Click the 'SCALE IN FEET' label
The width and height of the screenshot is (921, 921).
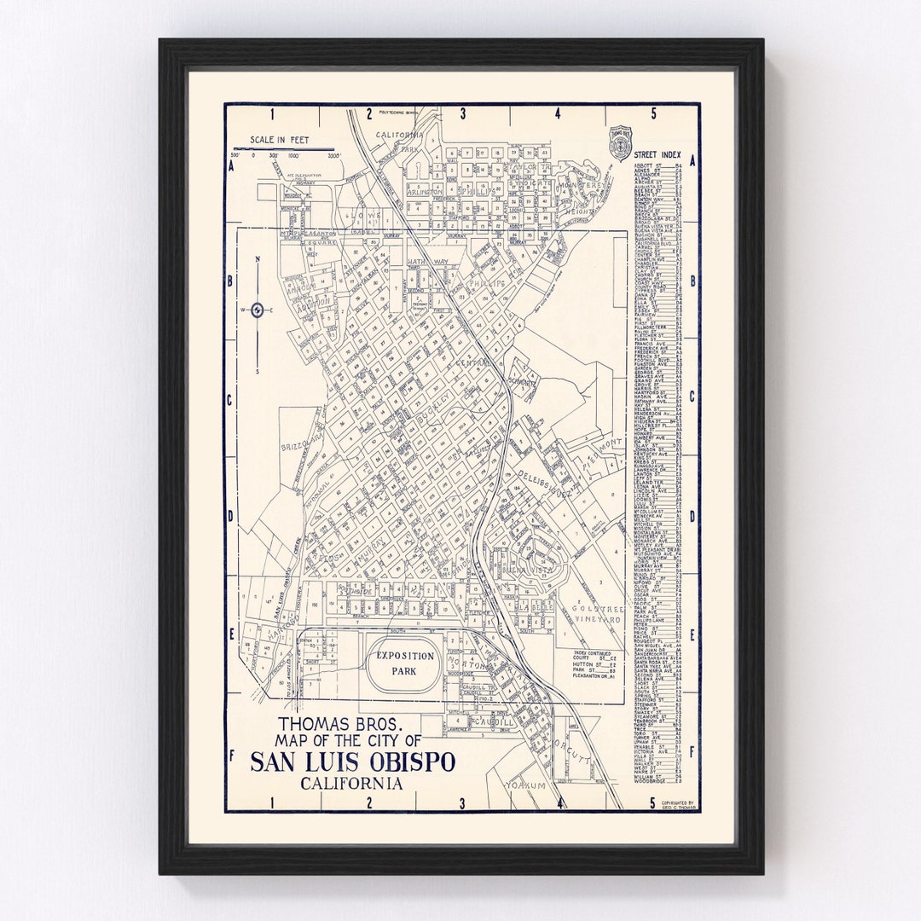(x=279, y=140)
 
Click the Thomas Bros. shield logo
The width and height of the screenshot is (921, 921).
(x=620, y=139)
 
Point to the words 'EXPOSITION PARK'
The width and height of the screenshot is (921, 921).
(x=404, y=663)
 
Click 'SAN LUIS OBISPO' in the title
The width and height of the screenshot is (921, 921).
(x=352, y=762)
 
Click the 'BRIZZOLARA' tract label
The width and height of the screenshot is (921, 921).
(x=301, y=440)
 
